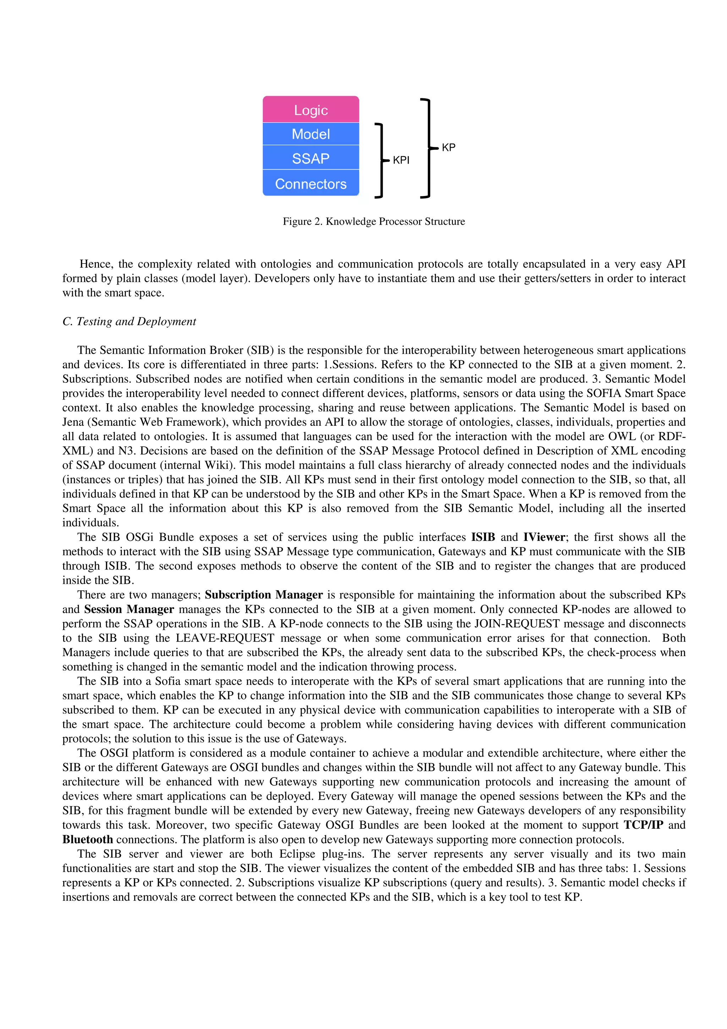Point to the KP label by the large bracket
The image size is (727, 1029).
point(448,147)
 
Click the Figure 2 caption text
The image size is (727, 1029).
point(373,222)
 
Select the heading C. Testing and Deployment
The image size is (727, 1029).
point(129,321)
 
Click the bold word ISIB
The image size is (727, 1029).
point(483,537)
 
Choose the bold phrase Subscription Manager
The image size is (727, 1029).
point(264,595)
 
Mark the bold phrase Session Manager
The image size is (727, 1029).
point(129,609)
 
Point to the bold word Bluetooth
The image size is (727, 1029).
point(87,839)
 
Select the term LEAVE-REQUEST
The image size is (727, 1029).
point(224,638)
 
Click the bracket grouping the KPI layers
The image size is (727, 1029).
point(381,160)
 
